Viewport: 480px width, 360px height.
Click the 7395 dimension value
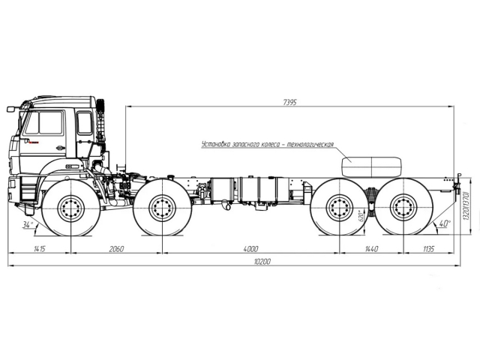289,102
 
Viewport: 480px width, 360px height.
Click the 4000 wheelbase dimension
250,248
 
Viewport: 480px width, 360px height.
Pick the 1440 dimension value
371,248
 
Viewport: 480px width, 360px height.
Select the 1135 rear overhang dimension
428,248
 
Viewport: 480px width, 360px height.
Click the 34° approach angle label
28,225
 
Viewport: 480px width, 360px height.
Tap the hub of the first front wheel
71,208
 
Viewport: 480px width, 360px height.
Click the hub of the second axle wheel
162,208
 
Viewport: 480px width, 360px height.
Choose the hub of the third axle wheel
339,208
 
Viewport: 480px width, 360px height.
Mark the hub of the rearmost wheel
403,208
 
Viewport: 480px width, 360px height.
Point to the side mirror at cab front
11,109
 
